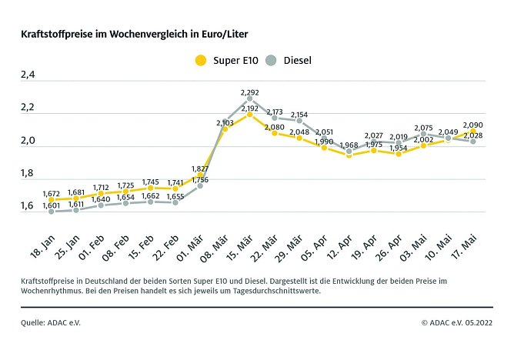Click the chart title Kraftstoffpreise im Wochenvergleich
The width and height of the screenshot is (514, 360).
pos(135,35)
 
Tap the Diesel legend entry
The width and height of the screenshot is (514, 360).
pos(288,60)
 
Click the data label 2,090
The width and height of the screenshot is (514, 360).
pos(472,125)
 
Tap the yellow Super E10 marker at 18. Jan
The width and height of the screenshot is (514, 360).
pos(52,199)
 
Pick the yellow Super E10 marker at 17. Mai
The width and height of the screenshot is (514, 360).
pos(472,132)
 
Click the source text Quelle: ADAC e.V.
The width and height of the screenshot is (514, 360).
pos(51,323)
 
